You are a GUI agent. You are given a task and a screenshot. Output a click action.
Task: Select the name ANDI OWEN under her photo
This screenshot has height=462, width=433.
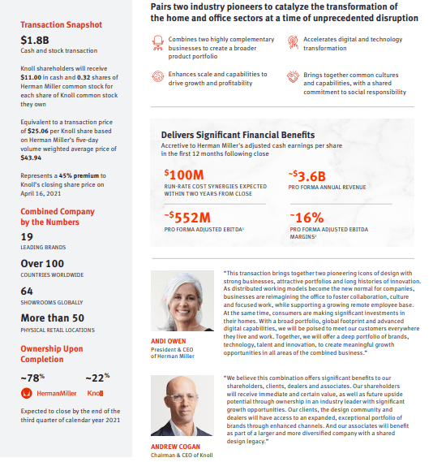tap(168, 341)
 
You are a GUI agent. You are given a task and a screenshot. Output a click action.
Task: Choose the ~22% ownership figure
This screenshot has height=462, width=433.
tap(98, 378)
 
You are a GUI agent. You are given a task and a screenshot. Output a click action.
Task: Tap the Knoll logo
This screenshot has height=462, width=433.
tap(95, 393)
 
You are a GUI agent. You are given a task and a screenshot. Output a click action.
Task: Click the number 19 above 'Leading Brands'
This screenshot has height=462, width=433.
tap(27, 237)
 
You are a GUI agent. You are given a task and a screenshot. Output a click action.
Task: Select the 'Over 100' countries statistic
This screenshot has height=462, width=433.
tap(42, 263)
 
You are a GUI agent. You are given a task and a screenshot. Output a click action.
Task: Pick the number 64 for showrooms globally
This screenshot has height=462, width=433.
tap(27, 290)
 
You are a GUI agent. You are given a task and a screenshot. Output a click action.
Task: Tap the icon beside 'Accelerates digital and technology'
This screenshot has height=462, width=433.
tap(293, 41)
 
